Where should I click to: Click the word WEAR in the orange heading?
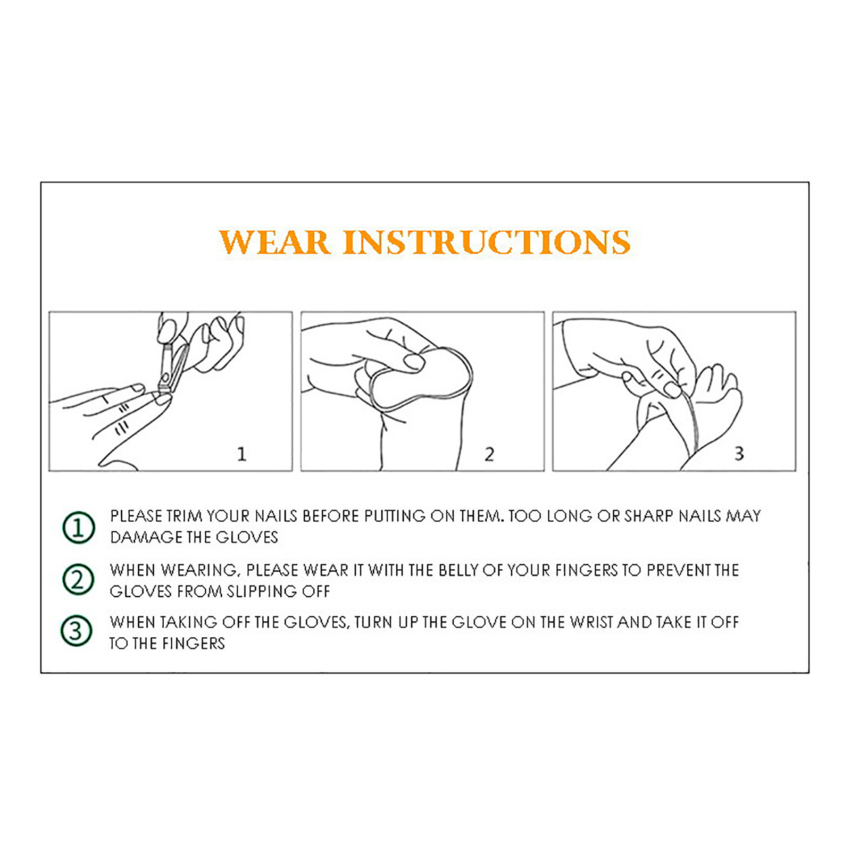pos(274,243)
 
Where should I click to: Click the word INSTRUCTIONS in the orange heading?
pos(487,243)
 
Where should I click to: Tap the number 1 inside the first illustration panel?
pos(241,454)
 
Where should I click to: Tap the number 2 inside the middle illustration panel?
pos(489,454)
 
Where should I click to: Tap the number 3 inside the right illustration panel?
pos(739,453)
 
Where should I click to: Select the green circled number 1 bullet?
pos(79,528)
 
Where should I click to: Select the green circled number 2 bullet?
pos(78,579)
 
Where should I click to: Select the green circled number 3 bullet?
pos(77,631)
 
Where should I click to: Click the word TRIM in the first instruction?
pos(184,516)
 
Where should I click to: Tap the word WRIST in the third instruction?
pos(591,622)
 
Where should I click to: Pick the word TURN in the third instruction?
pos(374,622)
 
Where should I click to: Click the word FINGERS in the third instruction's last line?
pos(193,644)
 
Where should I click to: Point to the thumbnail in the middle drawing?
pos(413,362)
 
